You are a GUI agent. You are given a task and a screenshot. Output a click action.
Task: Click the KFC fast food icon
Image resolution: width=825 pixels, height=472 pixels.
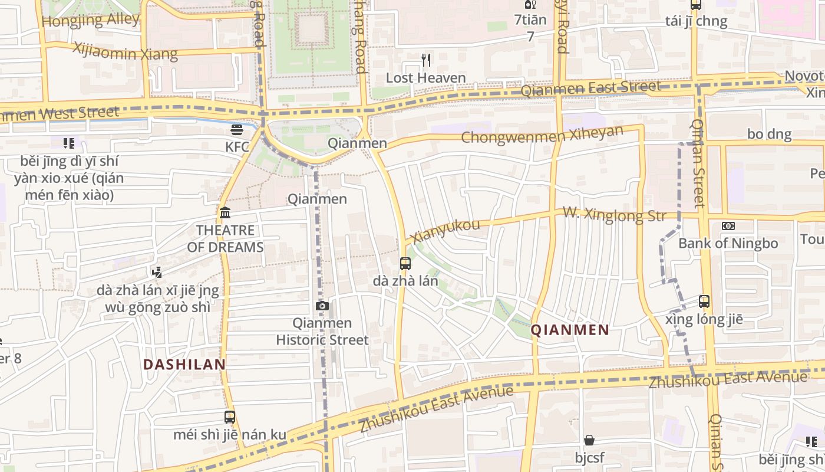coord(237,129)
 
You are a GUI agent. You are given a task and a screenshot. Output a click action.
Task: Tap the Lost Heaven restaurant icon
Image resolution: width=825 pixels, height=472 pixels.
coord(426,60)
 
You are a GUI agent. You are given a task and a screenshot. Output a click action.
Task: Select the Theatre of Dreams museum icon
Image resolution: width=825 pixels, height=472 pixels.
coord(225,213)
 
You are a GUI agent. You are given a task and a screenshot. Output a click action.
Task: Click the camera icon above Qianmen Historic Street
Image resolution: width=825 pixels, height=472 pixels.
coord(322,306)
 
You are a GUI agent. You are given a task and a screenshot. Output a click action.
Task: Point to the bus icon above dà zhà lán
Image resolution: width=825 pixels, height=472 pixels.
coord(405,264)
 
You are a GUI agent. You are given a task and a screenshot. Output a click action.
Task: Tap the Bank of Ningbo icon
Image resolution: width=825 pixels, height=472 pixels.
coord(728,226)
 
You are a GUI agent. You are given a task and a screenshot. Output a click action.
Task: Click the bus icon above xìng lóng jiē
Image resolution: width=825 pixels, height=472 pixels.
coord(704,301)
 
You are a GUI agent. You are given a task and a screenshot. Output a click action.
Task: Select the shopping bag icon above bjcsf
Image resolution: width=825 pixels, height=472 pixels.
coord(589,440)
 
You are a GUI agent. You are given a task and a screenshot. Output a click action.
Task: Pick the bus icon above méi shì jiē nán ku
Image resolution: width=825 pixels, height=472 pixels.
coord(230,417)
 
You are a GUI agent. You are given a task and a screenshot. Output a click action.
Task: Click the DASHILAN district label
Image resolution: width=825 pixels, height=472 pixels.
coord(184,365)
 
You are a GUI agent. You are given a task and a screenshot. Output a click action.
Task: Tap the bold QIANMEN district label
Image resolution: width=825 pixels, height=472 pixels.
coord(570,330)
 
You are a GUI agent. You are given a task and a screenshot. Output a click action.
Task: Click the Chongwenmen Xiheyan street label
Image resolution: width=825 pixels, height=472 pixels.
coord(542,135)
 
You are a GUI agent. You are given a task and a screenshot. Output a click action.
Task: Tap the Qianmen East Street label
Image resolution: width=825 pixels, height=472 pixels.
coord(591,88)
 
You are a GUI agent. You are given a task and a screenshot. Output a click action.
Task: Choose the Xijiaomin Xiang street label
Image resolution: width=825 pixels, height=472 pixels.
coord(125,51)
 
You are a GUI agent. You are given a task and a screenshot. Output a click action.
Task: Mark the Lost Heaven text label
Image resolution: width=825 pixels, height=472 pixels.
coord(425,78)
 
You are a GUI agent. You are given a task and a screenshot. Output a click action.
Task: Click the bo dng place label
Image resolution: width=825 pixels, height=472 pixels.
coord(769,134)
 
